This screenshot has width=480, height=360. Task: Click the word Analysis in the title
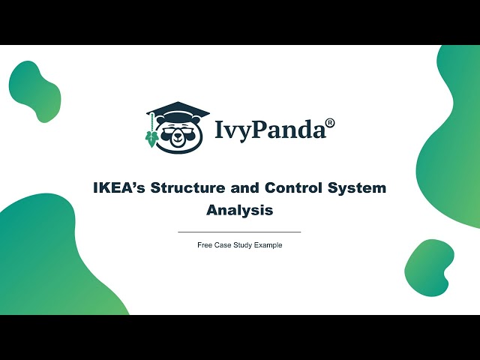point(239,210)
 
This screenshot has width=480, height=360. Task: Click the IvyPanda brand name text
point(271,129)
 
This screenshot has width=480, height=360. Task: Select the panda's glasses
point(178,130)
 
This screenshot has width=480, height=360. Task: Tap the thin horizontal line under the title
point(239,232)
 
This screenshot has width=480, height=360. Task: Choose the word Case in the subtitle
point(223,245)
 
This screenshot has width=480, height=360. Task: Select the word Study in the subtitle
point(244,245)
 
